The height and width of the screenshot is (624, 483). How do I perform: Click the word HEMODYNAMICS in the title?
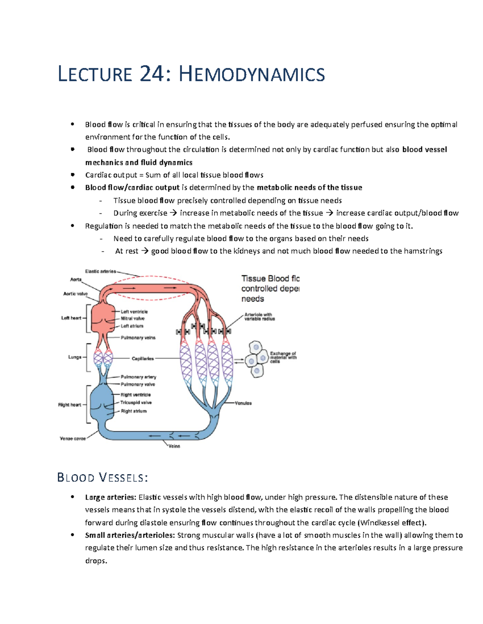click(x=252, y=74)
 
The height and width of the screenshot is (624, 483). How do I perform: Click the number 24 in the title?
click(x=152, y=74)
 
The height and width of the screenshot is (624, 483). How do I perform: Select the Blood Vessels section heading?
click(x=103, y=477)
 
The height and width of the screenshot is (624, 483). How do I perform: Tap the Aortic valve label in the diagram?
click(x=75, y=294)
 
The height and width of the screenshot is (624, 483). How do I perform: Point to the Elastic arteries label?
click(x=100, y=271)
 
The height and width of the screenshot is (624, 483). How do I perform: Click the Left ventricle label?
click(x=134, y=311)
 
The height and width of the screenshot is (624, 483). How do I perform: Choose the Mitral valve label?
click(x=132, y=318)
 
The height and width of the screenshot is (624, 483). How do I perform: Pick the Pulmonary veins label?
click(x=138, y=338)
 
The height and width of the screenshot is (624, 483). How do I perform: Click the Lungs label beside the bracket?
click(x=75, y=357)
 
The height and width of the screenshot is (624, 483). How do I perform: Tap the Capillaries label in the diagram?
click(x=142, y=358)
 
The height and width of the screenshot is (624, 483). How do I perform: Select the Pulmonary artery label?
click(x=138, y=377)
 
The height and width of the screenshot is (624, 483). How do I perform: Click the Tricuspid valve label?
click(x=136, y=402)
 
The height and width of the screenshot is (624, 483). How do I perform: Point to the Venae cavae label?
click(x=73, y=438)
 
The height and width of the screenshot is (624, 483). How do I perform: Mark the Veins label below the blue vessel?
click(x=174, y=446)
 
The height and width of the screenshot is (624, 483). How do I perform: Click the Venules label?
click(x=244, y=403)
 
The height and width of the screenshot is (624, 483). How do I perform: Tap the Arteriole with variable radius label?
click(x=260, y=317)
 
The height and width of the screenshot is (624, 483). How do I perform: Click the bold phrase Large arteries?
click(x=110, y=497)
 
